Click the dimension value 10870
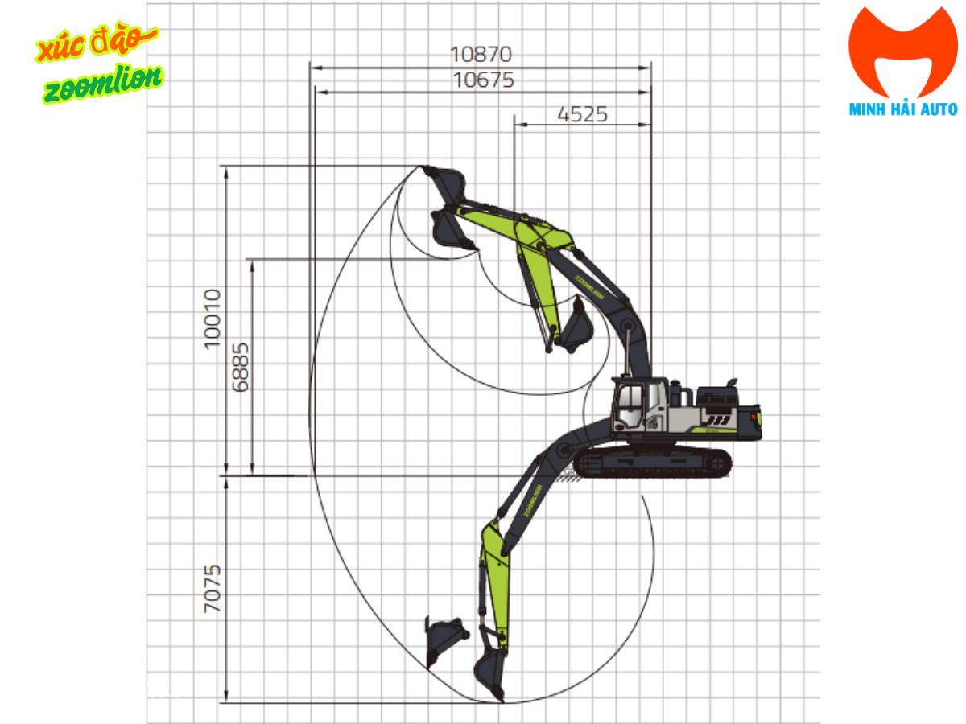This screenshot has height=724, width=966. tap(481, 55)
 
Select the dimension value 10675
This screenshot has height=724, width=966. tap(483, 80)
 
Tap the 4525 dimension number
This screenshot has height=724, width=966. tap(582, 114)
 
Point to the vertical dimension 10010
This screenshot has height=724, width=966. tap(212, 319)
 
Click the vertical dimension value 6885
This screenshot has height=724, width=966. tap(240, 367)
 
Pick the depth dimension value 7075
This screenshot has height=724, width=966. tap(212, 590)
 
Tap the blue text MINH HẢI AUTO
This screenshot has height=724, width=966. tap(903, 109)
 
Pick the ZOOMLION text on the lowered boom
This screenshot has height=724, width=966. tap(533, 500)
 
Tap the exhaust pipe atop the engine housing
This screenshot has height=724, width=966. tap(732, 380)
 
